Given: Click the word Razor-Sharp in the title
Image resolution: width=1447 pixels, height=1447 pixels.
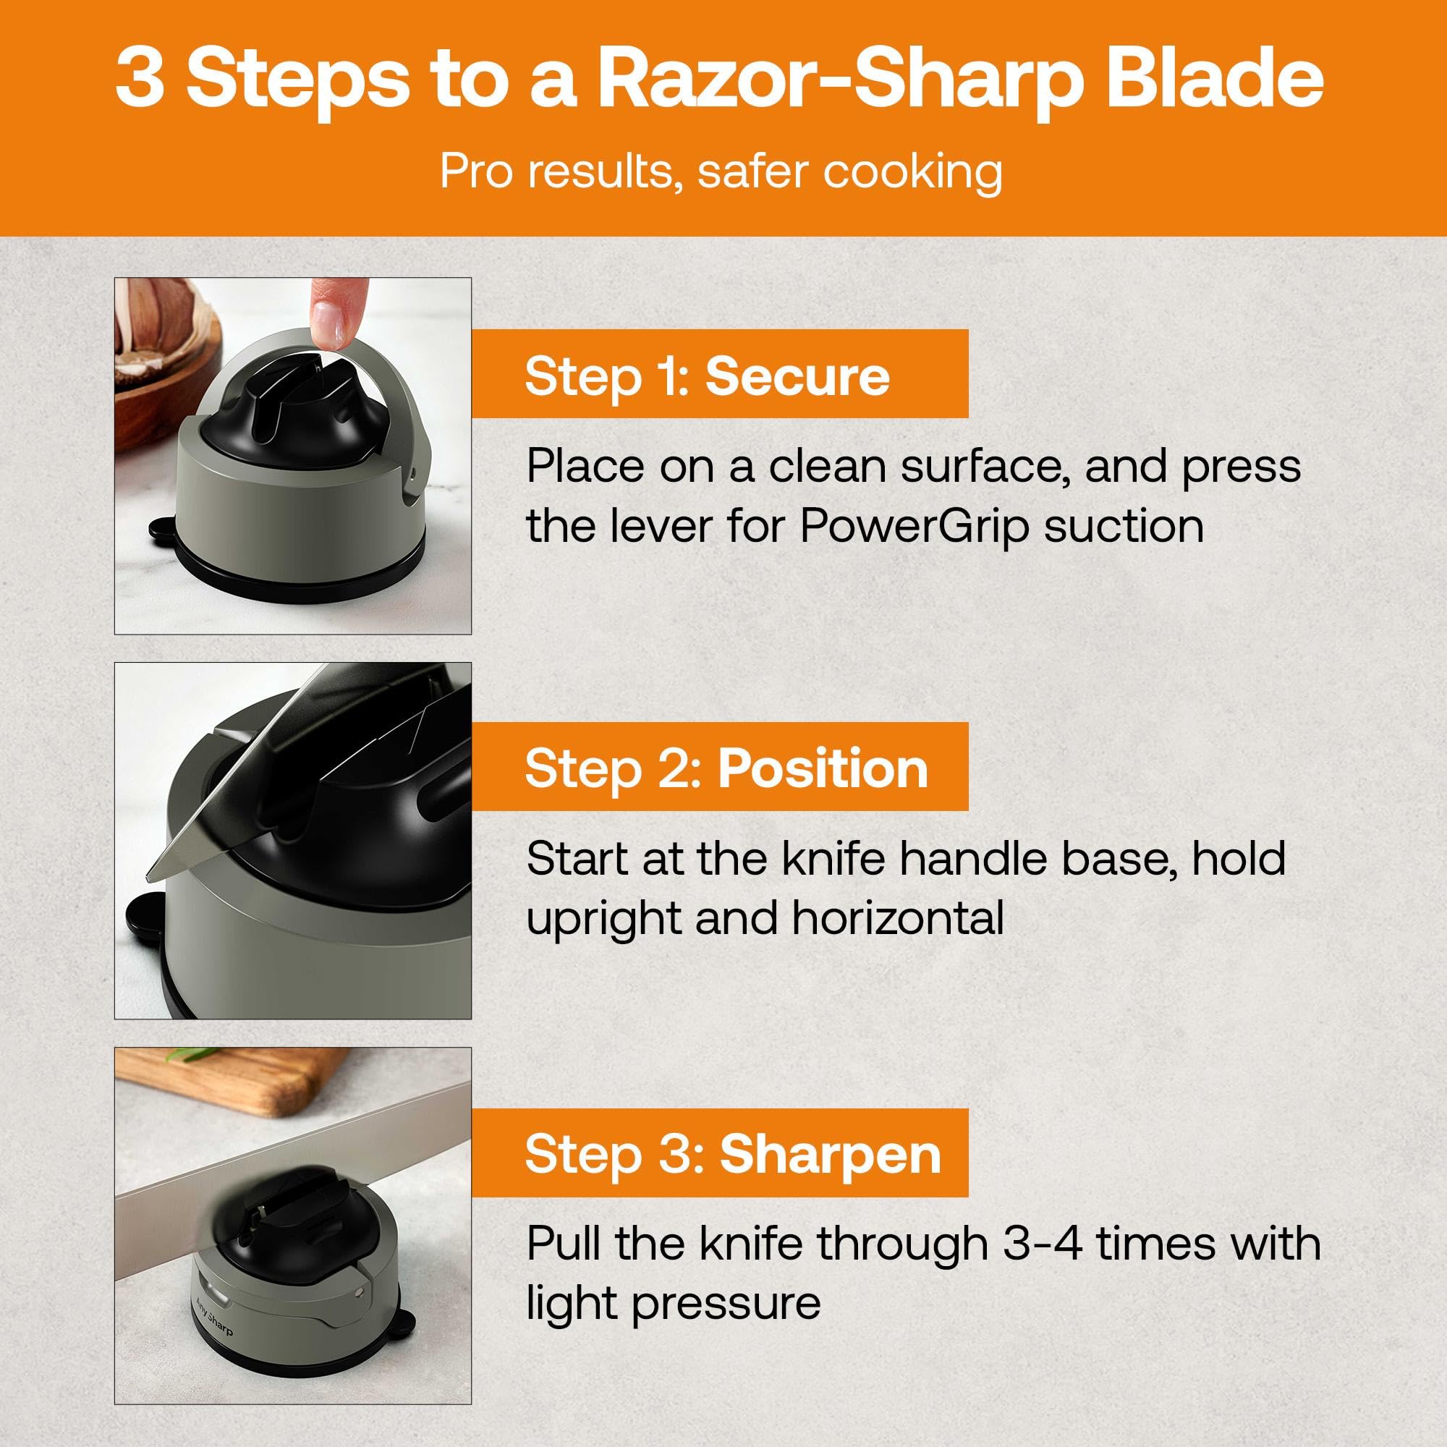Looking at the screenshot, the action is [842, 84].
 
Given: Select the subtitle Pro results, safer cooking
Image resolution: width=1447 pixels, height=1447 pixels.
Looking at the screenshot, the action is [721, 172].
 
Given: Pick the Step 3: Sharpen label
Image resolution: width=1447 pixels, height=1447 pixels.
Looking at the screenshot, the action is [732, 1154].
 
